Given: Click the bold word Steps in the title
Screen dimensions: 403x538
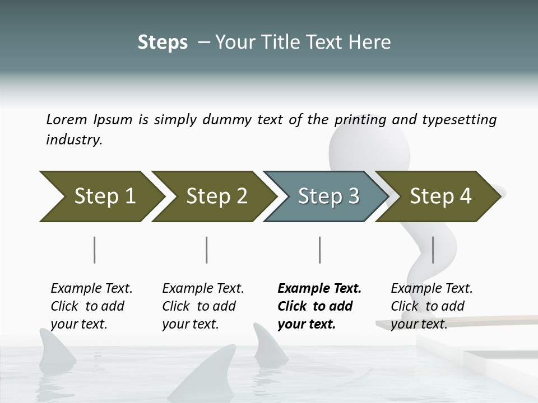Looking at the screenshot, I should (163, 42).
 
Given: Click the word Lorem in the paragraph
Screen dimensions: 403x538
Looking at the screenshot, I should (67, 119).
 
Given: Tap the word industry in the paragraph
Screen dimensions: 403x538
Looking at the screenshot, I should (73, 139).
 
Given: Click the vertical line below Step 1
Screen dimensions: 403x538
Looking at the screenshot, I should (94, 250).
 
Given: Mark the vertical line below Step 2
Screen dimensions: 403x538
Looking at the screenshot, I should (207, 250).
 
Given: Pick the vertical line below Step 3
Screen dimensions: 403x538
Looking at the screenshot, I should (319, 250).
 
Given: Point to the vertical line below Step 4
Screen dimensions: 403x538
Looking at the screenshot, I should (433, 250).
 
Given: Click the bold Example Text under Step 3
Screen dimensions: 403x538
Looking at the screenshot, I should (319, 289).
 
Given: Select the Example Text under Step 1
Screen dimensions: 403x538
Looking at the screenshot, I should (91, 289).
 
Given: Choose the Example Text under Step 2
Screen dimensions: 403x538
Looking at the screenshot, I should (203, 289).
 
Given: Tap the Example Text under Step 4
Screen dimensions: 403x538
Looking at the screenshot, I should (432, 289).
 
